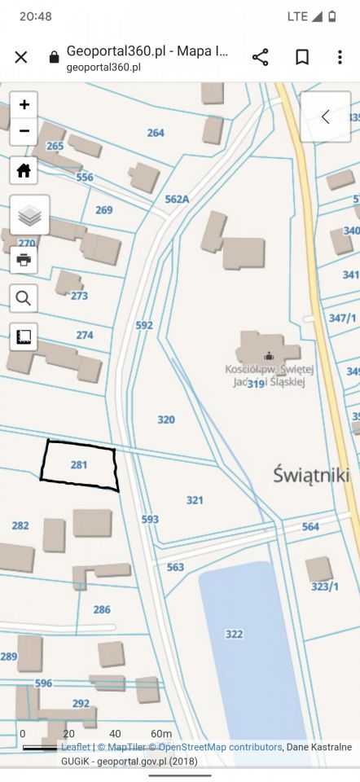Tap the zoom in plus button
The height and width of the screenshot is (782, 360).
point(24,104)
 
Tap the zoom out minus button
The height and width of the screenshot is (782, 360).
point(24,130)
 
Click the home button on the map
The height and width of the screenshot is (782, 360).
point(24,171)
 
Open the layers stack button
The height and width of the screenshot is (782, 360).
point(29,216)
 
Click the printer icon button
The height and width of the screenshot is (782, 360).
point(24,260)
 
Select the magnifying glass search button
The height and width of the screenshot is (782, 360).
point(24,298)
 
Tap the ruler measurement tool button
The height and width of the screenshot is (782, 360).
point(24,336)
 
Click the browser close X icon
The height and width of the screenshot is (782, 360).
point(21,57)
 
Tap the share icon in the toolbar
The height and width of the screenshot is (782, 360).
point(261,57)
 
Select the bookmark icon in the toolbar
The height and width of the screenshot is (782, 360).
point(301,57)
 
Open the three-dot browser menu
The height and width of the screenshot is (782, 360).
point(340,57)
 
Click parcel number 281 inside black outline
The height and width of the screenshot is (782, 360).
point(79,464)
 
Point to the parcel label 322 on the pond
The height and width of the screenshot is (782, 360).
point(234,634)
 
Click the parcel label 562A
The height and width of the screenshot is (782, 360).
point(177,198)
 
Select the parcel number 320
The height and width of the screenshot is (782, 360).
point(165,420)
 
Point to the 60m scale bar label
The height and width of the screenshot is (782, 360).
point(160,734)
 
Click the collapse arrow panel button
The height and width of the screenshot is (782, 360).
point(326,116)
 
